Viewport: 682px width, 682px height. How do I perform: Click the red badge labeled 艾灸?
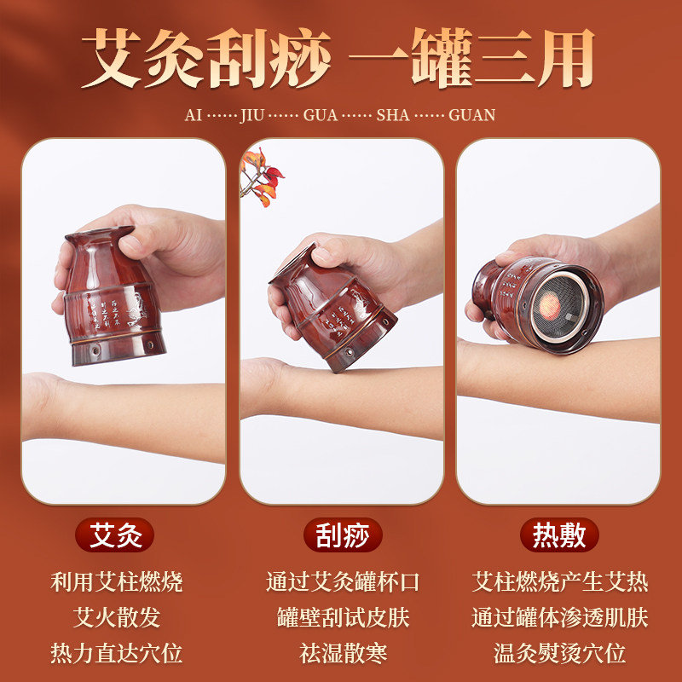coord(122,536)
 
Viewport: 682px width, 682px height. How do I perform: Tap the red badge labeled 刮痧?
coord(343,536)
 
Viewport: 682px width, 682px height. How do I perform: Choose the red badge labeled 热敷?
coord(560,536)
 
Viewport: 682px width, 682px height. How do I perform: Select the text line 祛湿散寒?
coord(343,654)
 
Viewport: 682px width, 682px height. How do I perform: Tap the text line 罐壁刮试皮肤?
coord(343,618)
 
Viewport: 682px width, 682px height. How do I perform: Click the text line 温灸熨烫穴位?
coord(560,654)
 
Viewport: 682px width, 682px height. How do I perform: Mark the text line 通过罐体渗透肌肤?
coord(560,618)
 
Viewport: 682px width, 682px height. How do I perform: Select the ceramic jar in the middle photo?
coord(322,307)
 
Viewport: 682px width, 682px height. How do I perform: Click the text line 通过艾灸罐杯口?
coord(343,582)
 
